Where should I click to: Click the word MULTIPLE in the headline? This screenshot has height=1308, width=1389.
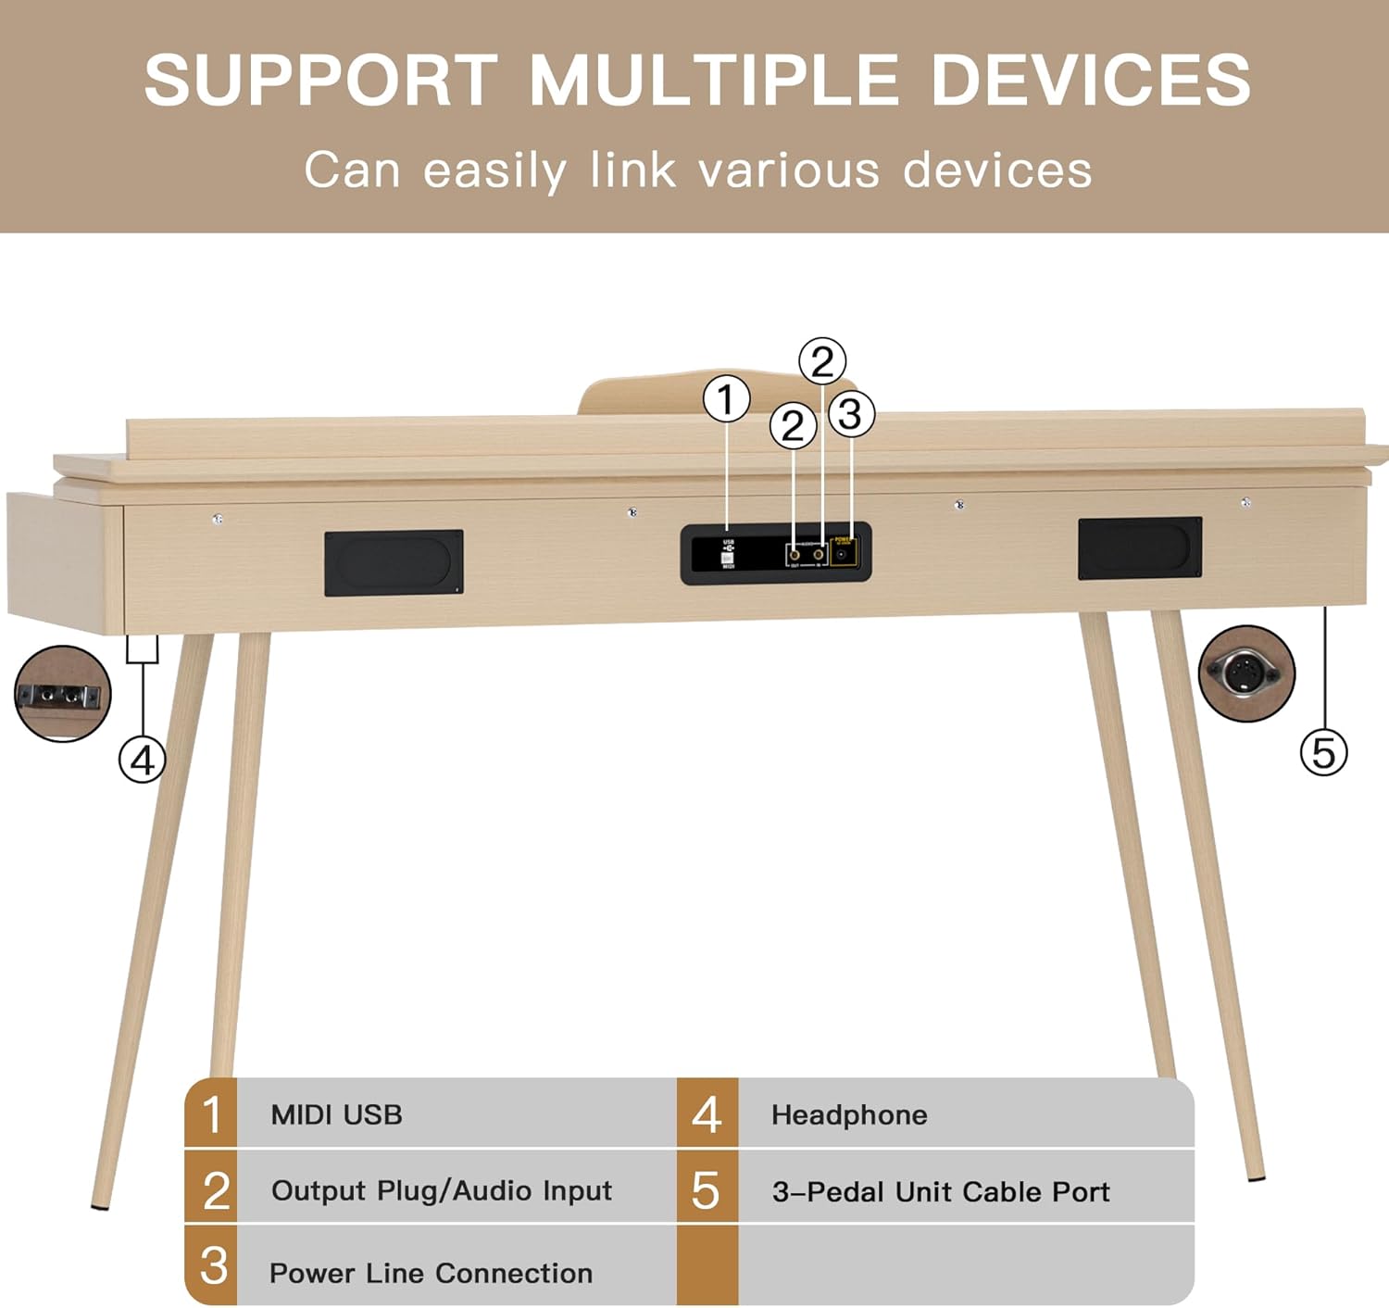point(714,80)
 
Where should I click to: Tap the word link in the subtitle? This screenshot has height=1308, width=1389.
point(632,170)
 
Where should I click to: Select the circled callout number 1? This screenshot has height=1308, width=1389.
point(726,400)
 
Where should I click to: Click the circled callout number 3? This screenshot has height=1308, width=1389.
point(850,414)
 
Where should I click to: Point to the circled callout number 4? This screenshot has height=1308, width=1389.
point(142,761)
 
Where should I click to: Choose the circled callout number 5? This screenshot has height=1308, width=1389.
point(1323,752)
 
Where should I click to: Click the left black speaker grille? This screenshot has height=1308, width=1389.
point(394,562)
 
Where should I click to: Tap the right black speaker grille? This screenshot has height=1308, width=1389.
point(1140,548)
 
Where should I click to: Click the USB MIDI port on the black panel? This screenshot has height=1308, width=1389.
point(728,554)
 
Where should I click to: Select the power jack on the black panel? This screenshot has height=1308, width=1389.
point(843,553)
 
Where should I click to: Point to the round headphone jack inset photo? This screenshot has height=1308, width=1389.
point(63,694)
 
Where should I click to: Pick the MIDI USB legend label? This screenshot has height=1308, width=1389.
point(336,1114)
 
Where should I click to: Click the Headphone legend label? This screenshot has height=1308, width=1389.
point(849,1114)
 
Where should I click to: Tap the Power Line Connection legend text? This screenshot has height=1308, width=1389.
point(431,1273)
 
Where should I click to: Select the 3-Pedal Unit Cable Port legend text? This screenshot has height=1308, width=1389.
point(941,1191)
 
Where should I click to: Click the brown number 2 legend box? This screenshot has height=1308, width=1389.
point(212,1189)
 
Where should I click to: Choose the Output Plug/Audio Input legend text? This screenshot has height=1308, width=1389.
point(442,1190)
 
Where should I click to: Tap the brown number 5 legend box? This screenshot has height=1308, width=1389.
point(707,1189)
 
